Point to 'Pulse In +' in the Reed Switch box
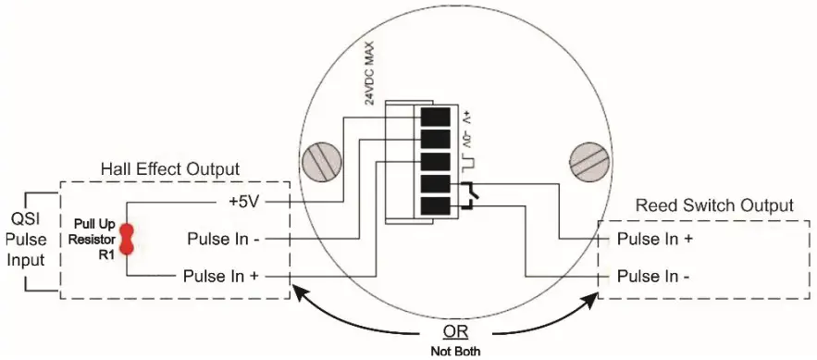pyautogui.click(x=655, y=240)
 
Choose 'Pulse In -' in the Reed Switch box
pyautogui.click(x=654, y=275)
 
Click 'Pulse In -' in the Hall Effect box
pyautogui.click(x=223, y=240)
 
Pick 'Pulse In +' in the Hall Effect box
pyautogui.click(x=221, y=275)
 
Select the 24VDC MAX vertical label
pyautogui.click(x=355, y=74)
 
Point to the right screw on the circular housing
pyautogui.click(x=591, y=163)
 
